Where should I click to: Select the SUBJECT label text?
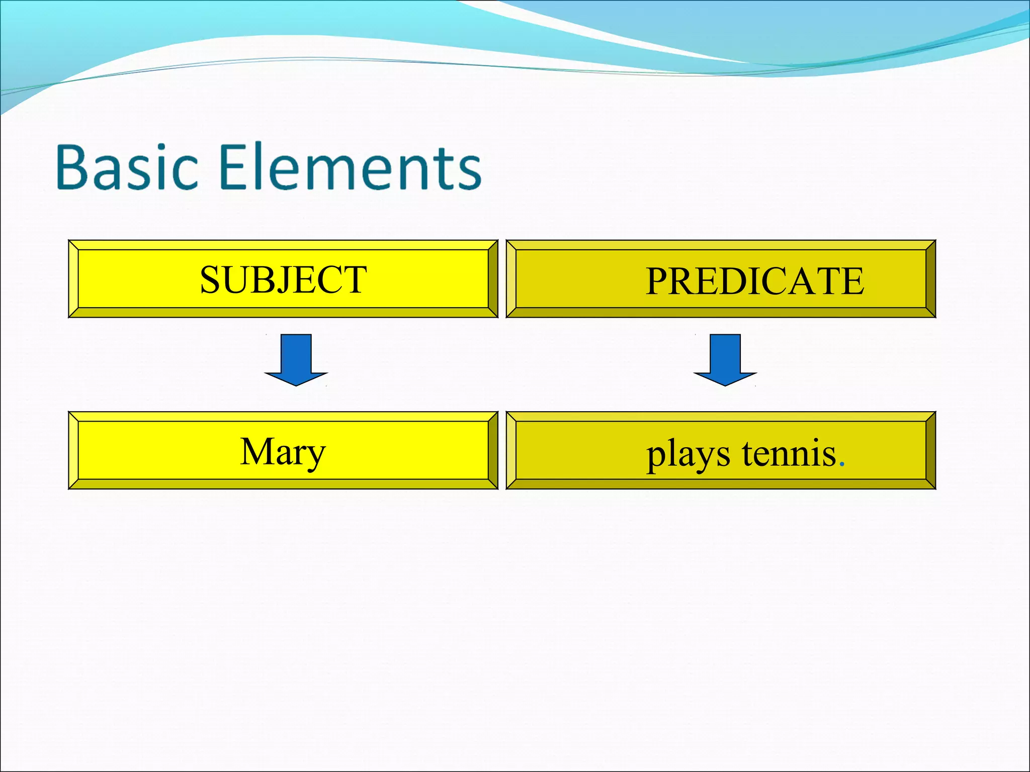pyautogui.click(x=283, y=280)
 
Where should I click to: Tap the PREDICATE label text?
pyautogui.click(x=754, y=281)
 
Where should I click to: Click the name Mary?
pyautogui.click(x=283, y=452)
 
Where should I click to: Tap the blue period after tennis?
pyautogui.click(x=842, y=465)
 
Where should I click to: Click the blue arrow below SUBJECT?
pyautogui.click(x=296, y=360)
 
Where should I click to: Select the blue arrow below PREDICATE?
pyautogui.click(x=725, y=360)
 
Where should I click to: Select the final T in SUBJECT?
pyautogui.click(x=355, y=280)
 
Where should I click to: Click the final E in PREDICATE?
pyautogui.click(x=852, y=281)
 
